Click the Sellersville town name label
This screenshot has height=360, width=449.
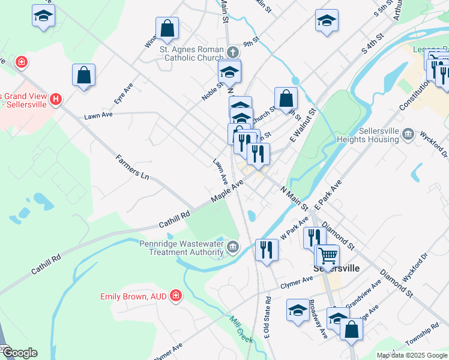coord(337,268)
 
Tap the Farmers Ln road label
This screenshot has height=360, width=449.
coord(132,167)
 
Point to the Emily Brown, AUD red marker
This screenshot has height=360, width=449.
coord(175,295)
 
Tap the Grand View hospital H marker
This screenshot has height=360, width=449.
coord(56,98)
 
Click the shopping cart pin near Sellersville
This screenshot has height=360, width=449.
coord(327,256)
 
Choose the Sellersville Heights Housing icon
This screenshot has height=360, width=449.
coord(408,133)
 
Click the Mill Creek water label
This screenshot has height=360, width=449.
coord(241,327)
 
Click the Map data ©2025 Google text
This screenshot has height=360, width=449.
coord(411,355)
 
